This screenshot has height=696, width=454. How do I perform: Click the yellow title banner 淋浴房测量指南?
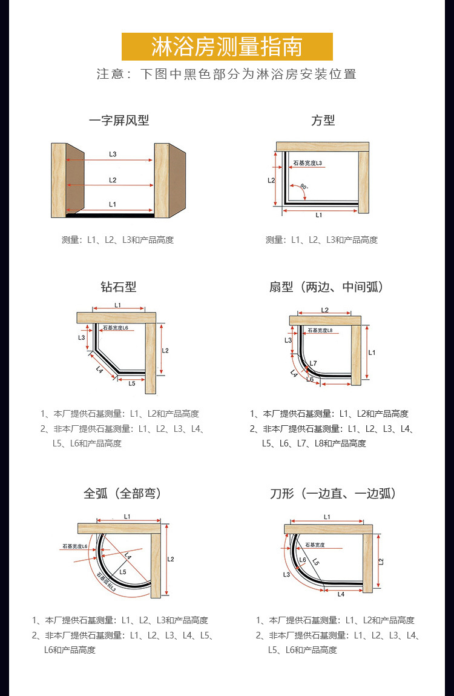pos(227,47)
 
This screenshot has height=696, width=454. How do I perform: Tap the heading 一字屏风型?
pos(119,121)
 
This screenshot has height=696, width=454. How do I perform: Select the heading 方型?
pos(323,121)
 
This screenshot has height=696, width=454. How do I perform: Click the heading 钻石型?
pos(119,287)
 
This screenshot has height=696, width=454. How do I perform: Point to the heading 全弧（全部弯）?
pos(123,494)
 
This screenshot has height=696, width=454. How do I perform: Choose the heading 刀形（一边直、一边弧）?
pos(333,494)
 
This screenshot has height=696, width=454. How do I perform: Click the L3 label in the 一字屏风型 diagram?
pos(113,154)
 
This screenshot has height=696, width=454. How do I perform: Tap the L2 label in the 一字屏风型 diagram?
pos(113,180)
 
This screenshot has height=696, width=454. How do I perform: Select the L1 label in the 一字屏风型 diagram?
pos(113,205)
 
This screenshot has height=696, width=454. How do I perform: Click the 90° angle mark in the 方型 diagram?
pos(303,187)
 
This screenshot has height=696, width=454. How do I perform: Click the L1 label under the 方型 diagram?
pos(319,215)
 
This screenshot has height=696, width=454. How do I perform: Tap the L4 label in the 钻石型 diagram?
pos(99,370)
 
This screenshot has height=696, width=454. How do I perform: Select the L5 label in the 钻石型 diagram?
pos(132,383)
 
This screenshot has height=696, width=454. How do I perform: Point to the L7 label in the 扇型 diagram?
pos(313,363)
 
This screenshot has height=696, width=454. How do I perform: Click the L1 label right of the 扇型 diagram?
pos(372,353)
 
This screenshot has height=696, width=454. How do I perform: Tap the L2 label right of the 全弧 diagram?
pos(171,559)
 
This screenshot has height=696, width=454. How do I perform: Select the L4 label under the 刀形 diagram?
pos(341,594)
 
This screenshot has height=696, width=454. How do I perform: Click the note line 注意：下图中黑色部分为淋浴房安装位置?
pos(227,75)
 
